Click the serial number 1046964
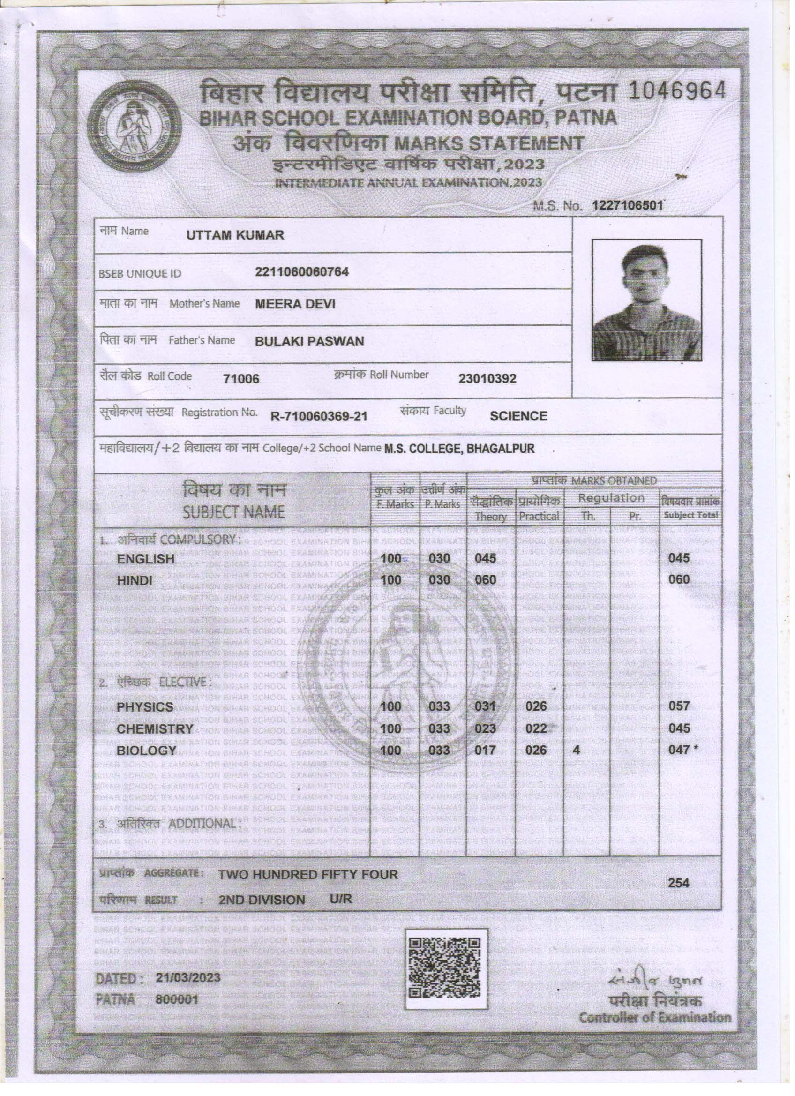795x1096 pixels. pyautogui.click(x=677, y=90)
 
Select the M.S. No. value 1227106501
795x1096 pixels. pyautogui.click(x=627, y=205)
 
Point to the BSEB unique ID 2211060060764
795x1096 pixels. pyautogui.click(x=301, y=271)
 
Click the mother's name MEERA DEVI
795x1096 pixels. pyautogui.click(x=295, y=304)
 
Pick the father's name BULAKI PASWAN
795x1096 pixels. pyautogui.click(x=309, y=342)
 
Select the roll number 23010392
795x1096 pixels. pyautogui.click(x=487, y=378)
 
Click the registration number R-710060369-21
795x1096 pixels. pyautogui.click(x=319, y=416)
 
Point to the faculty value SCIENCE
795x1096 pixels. pyautogui.click(x=518, y=416)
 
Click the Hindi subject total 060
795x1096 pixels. pyautogui.click(x=679, y=579)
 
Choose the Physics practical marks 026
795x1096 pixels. pyautogui.click(x=536, y=706)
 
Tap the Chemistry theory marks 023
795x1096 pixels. pyautogui.click(x=485, y=728)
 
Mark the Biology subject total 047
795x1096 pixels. pyautogui.click(x=679, y=750)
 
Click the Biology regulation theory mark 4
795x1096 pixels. pyautogui.click(x=576, y=751)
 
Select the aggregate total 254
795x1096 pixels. pyautogui.click(x=679, y=883)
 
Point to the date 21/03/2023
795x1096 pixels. pyautogui.click(x=188, y=977)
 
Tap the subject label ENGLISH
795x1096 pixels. pyautogui.click(x=145, y=559)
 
